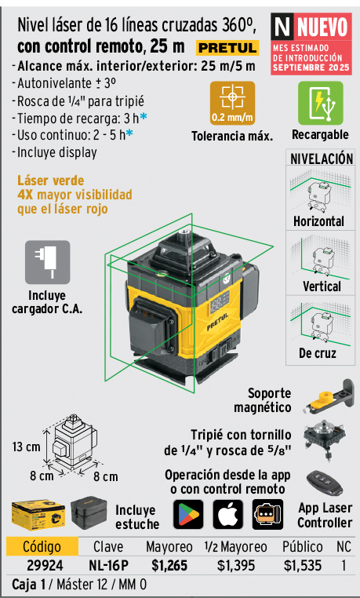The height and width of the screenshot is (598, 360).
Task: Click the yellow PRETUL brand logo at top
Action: (x=227, y=48)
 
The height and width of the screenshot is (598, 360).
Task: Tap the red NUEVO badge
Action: (x=311, y=44)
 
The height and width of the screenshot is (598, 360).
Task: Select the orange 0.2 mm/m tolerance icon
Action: (x=232, y=103)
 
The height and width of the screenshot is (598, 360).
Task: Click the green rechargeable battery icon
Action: (x=320, y=103)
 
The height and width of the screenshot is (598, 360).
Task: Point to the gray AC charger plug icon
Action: (x=48, y=262)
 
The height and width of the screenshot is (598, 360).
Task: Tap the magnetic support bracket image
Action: (x=329, y=396)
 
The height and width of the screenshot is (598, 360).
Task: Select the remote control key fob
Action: (x=325, y=483)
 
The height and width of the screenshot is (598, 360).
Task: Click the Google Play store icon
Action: (x=188, y=514)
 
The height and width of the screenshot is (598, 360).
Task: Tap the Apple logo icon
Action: (x=227, y=514)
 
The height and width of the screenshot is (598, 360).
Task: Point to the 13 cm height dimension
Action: (x=26, y=447)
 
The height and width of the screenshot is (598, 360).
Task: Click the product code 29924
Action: (x=45, y=566)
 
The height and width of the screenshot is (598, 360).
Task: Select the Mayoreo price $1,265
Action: (x=169, y=566)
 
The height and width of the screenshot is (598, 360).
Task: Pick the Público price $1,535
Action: (x=303, y=566)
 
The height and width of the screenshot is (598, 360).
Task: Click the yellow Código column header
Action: (x=42, y=546)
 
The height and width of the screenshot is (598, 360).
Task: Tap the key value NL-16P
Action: (x=108, y=566)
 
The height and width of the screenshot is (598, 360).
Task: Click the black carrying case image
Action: (x=89, y=512)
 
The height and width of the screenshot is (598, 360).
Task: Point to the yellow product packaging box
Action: (x=38, y=514)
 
